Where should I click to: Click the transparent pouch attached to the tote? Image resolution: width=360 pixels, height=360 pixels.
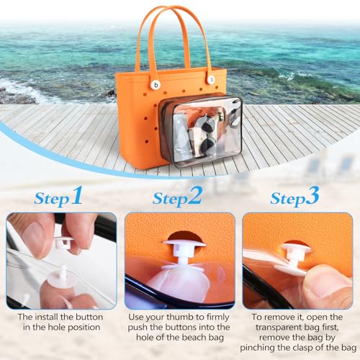pyautogui.click(x=199, y=130)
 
